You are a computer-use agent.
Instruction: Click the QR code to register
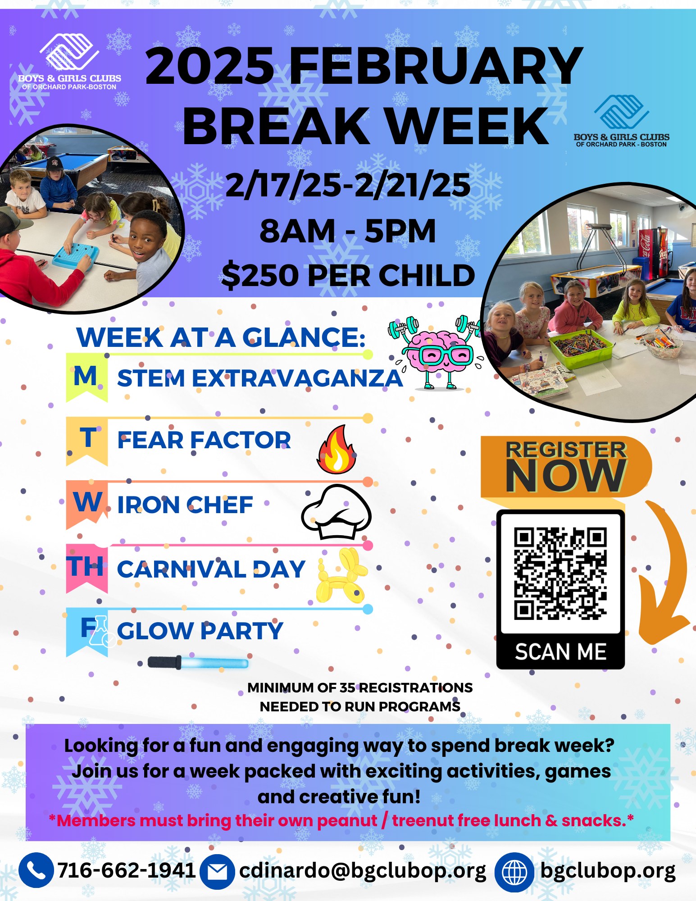tap(560, 574)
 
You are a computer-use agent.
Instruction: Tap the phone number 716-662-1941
tap(127, 870)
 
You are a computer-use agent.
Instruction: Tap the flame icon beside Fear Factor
tap(337, 449)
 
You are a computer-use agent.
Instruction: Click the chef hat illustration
tap(336, 512)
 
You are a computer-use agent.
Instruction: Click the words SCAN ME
tap(561, 652)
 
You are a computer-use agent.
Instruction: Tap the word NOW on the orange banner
tap(565, 476)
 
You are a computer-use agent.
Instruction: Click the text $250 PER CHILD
tap(348, 275)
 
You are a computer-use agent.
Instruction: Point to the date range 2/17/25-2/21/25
tap(348, 185)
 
